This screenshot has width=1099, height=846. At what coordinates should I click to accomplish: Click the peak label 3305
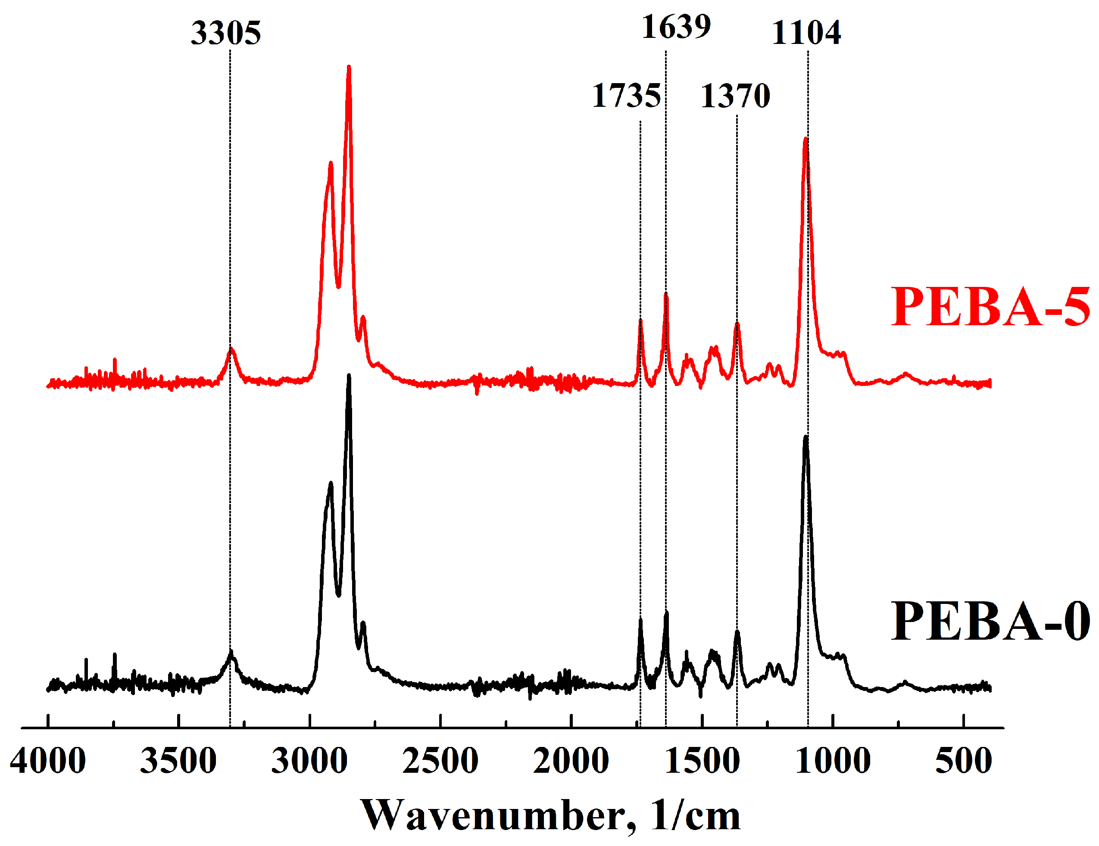[225, 33]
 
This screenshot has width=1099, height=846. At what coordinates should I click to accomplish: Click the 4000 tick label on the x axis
[48, 761]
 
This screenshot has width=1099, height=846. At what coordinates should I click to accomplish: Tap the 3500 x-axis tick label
[178, 761]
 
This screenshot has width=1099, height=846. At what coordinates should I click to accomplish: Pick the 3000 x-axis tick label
[309, 761]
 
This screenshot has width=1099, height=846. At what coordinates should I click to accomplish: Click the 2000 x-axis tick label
[571, 761]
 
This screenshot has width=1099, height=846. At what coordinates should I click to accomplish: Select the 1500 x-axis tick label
[702, 761]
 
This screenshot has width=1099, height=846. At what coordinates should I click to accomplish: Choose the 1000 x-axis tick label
[833, 761]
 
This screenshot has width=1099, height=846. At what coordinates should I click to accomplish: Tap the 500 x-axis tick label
[963, 761]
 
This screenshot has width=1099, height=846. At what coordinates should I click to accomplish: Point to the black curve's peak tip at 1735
[640, 620]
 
